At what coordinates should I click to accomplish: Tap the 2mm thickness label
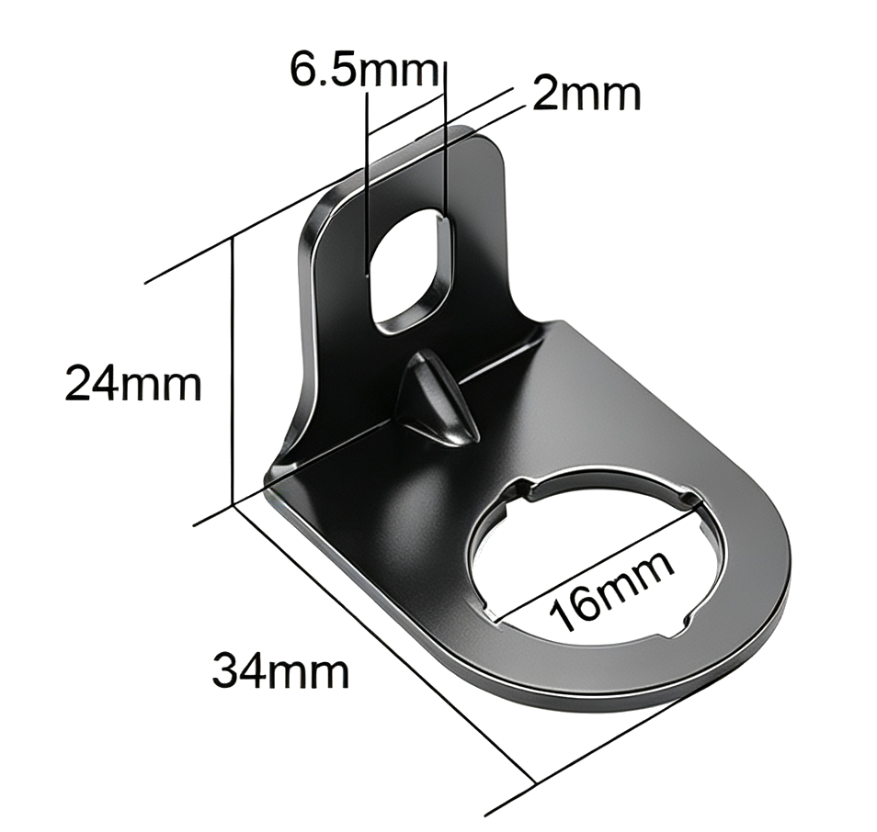click(x=587, y=94)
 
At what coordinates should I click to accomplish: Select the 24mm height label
click(x=133, y=383)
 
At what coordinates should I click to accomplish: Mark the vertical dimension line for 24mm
click(x=232, y=371)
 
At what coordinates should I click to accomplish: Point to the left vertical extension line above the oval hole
click(x=367, y=184)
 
